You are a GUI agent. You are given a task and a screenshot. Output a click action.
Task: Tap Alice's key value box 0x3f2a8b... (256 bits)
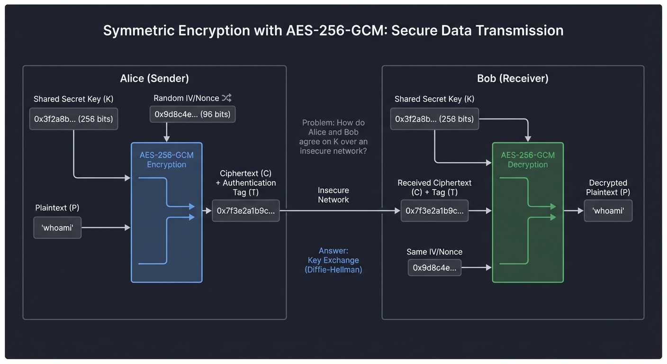73,119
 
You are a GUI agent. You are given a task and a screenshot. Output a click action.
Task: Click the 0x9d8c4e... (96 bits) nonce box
192,114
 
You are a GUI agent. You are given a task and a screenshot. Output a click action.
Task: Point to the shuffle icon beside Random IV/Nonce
226,98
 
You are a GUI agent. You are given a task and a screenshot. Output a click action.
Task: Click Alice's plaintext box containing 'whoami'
57,228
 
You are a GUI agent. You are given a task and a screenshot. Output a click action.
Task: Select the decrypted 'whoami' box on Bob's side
608,211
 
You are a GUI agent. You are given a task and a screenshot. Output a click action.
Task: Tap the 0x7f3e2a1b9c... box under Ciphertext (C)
245,211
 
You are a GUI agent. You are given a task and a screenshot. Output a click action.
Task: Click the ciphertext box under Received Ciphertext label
434,211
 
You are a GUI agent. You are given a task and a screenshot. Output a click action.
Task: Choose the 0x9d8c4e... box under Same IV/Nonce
434,268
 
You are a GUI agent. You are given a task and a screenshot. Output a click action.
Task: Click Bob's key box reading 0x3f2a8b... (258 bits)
434,119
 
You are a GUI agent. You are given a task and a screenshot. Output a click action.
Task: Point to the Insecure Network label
333,195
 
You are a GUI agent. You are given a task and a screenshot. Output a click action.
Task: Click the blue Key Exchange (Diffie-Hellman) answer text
333,260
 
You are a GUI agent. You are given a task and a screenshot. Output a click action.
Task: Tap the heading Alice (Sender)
154,78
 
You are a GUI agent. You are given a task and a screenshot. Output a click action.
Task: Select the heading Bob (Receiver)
513,78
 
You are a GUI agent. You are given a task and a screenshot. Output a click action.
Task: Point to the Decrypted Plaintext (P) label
608,187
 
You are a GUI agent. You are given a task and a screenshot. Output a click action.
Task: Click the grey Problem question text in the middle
333,136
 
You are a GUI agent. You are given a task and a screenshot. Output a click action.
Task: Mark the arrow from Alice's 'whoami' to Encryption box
106,228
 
